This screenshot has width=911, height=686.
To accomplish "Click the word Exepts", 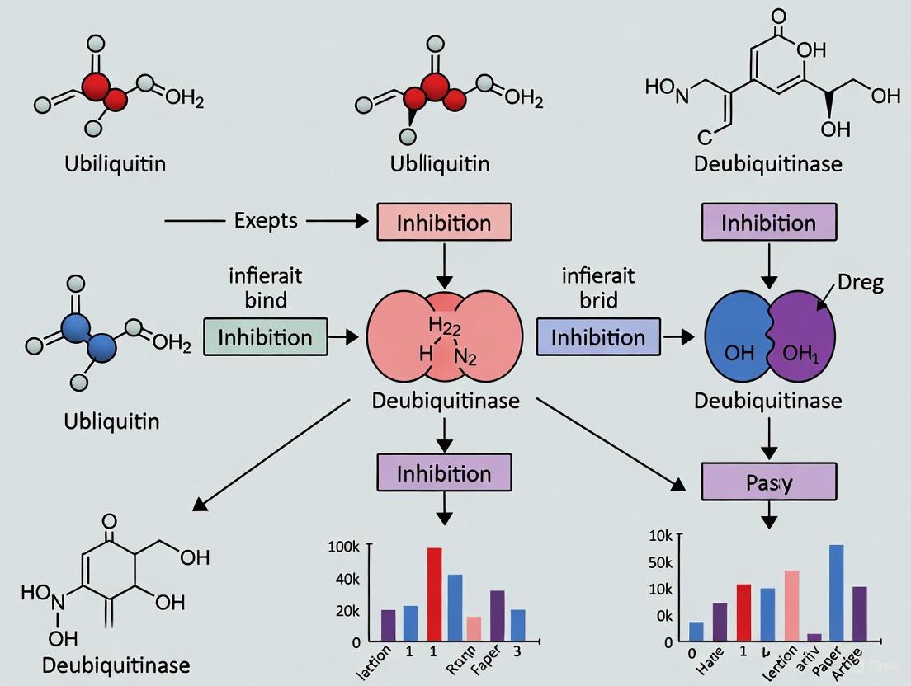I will (266, 221).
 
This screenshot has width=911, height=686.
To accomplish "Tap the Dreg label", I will (860, 283).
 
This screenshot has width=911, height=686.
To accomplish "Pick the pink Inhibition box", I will (444, 223).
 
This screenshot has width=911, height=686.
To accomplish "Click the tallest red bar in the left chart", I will (434, 594).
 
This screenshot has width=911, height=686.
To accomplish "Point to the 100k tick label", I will (344, 547).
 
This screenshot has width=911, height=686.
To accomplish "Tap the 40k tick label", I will (346, 580).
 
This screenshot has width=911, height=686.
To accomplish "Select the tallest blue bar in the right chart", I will (836, 593).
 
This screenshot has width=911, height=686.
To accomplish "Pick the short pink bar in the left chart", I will (474, 628).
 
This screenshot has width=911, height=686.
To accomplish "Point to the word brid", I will (599, 300).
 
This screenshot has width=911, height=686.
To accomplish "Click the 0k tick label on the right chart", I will (663, 615).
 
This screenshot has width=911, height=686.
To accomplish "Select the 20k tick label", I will (346, 611).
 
